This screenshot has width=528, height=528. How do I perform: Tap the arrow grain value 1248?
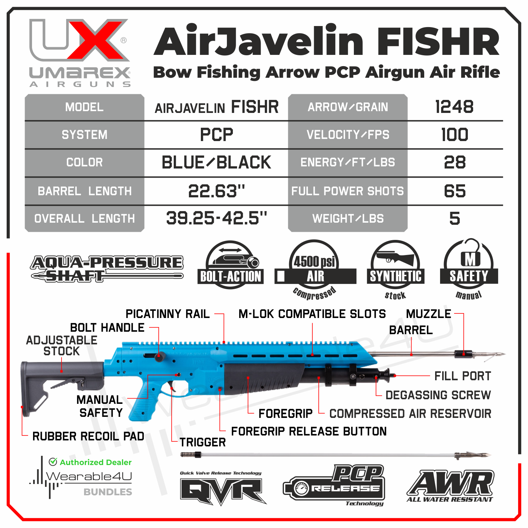tap(454, 107)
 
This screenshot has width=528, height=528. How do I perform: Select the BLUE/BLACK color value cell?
tap(216, 163)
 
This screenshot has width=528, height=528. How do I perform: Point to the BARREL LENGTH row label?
tap(84, 191)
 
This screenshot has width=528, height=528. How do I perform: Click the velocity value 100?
tap(454, 135)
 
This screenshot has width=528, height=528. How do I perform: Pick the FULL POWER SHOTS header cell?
tap(348, 191)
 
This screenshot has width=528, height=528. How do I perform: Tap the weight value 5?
tap(454, 218)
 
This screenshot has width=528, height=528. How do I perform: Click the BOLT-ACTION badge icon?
tap(230, 265)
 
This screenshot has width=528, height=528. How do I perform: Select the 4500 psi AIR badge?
tap(315, 269)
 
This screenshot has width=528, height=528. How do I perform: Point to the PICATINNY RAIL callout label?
tap(167, 314)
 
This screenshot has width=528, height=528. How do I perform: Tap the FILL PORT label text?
tap(462, 376)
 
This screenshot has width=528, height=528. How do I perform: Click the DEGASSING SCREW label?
tap(438, 395)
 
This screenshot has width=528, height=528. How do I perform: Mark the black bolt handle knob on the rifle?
tap(159, 356)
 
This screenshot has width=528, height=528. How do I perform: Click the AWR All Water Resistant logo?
tap(450, 485)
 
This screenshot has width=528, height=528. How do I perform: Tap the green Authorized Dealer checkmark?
tap(53, 462)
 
